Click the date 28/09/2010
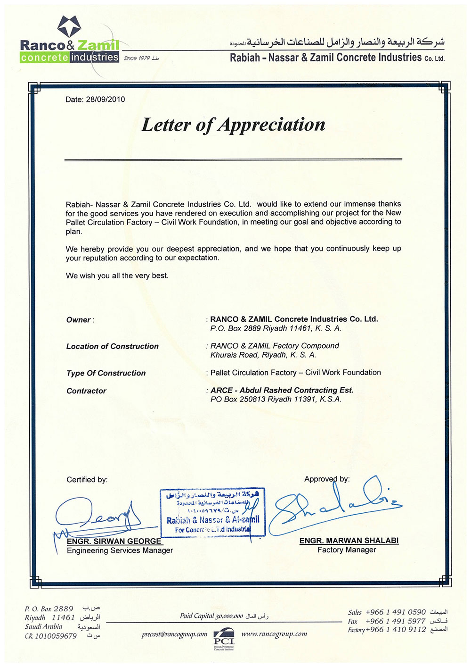coord(106,100)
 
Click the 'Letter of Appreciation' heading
coord(233,125)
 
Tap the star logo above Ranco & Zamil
coord(69,26)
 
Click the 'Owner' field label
coord(79,320)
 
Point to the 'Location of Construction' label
coord(112,346)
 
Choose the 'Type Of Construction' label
coord(106,373)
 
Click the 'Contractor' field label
coord(86,391)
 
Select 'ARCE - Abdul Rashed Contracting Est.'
coord(282,390)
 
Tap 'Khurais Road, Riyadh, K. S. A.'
coord(263,355)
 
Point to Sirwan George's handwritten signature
coord(99,517)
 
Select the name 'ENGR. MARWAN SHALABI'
coord(349,541)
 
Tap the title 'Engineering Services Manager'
coord(120,550)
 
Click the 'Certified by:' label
coord(87,480)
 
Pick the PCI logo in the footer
coord(224,638)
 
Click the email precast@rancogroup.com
coord(174,634)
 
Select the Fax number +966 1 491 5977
coord(395,621)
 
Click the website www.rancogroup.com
coord(274,634)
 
